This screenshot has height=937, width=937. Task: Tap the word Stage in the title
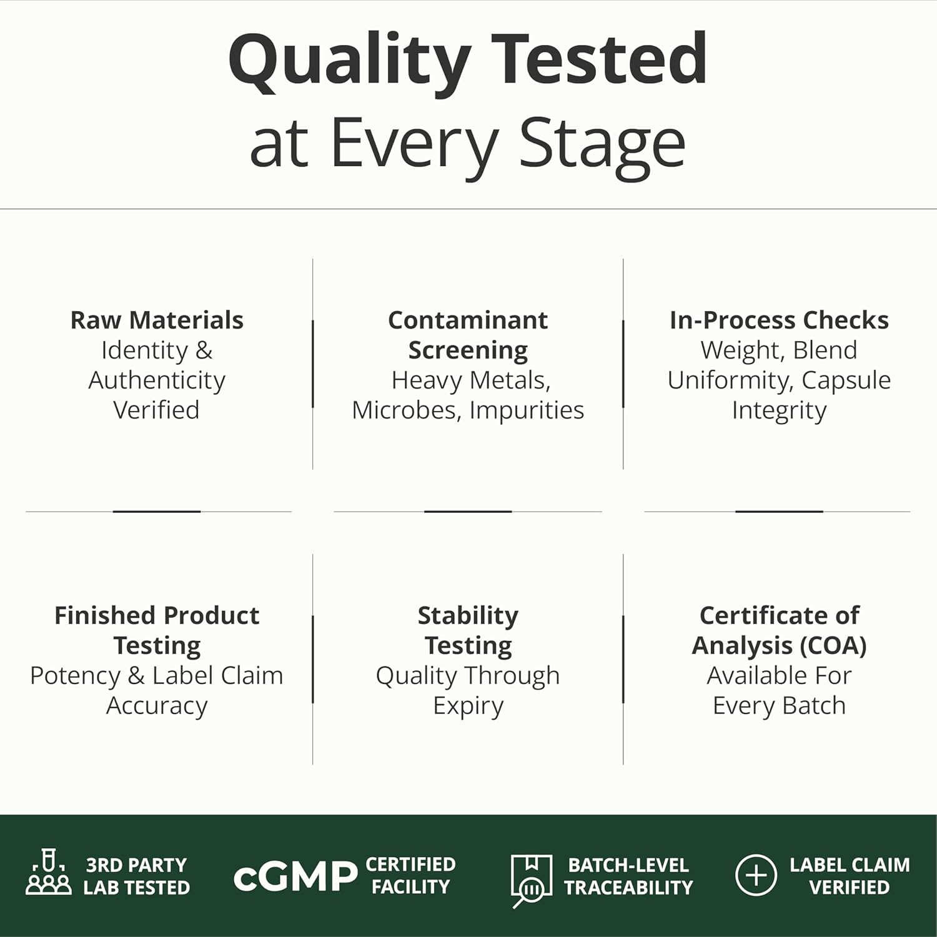pos(602,145)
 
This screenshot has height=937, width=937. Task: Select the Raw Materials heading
pos(157,320)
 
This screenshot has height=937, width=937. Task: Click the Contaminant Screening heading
pos(468,335)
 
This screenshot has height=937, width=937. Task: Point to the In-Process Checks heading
pos(779,320)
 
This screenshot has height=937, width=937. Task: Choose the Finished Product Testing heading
pos(157,630)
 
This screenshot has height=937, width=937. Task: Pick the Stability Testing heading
pos(468,630)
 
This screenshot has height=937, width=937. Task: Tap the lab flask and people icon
pos(49,871)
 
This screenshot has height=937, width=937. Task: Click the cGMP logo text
pos(295,876)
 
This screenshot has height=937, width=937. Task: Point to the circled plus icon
pos(756,875)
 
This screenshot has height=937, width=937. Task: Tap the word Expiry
pos(468,706)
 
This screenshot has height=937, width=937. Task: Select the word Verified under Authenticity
pos(156,410)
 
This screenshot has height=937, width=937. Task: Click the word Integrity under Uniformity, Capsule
pos(779,410)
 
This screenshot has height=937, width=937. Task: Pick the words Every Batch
pos(779,706)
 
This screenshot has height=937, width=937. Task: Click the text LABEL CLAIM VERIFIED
pos(850,876)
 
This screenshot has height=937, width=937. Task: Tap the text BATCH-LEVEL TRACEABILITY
pos(628,876)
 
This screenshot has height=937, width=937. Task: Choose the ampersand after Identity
pos(204,350)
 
